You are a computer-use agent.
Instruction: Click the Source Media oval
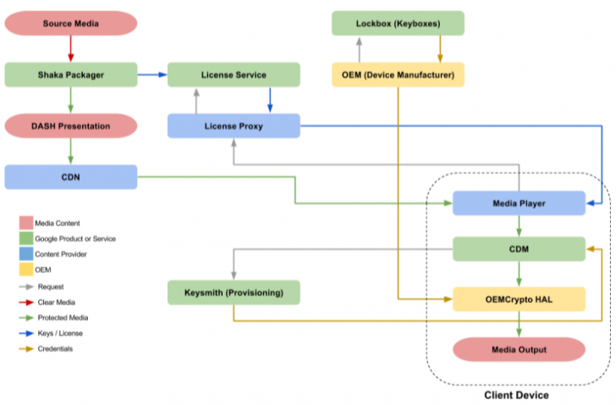pos(70,23)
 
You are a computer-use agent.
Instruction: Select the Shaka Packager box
pos(70,75)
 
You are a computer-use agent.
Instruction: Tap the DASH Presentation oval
pos(70,126)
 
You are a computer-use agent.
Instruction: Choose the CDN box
pos(70,177)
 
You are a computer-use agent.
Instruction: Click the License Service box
pos(234,75)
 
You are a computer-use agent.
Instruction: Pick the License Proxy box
pos(234,126)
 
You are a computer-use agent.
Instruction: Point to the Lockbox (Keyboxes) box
pos(398,23)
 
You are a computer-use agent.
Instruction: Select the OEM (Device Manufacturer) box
pos(398,75)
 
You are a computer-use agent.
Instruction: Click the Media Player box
pos(519,203)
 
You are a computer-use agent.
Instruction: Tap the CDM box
pos(519,249)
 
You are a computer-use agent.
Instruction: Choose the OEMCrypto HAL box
pos(519,298)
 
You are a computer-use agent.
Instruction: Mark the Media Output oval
pos(519,349)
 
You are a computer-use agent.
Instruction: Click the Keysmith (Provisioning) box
pos(234,293)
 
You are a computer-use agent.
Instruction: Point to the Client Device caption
pos(516,395)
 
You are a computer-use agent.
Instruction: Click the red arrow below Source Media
pos(70,49)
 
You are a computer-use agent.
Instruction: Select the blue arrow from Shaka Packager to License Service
pos(151,75)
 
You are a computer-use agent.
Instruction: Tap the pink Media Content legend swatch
pos(26,224)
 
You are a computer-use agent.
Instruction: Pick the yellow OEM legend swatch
pos(26,269)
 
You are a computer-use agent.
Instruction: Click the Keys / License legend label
pos(59,333)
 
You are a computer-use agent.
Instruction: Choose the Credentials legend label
pos(55,348)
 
